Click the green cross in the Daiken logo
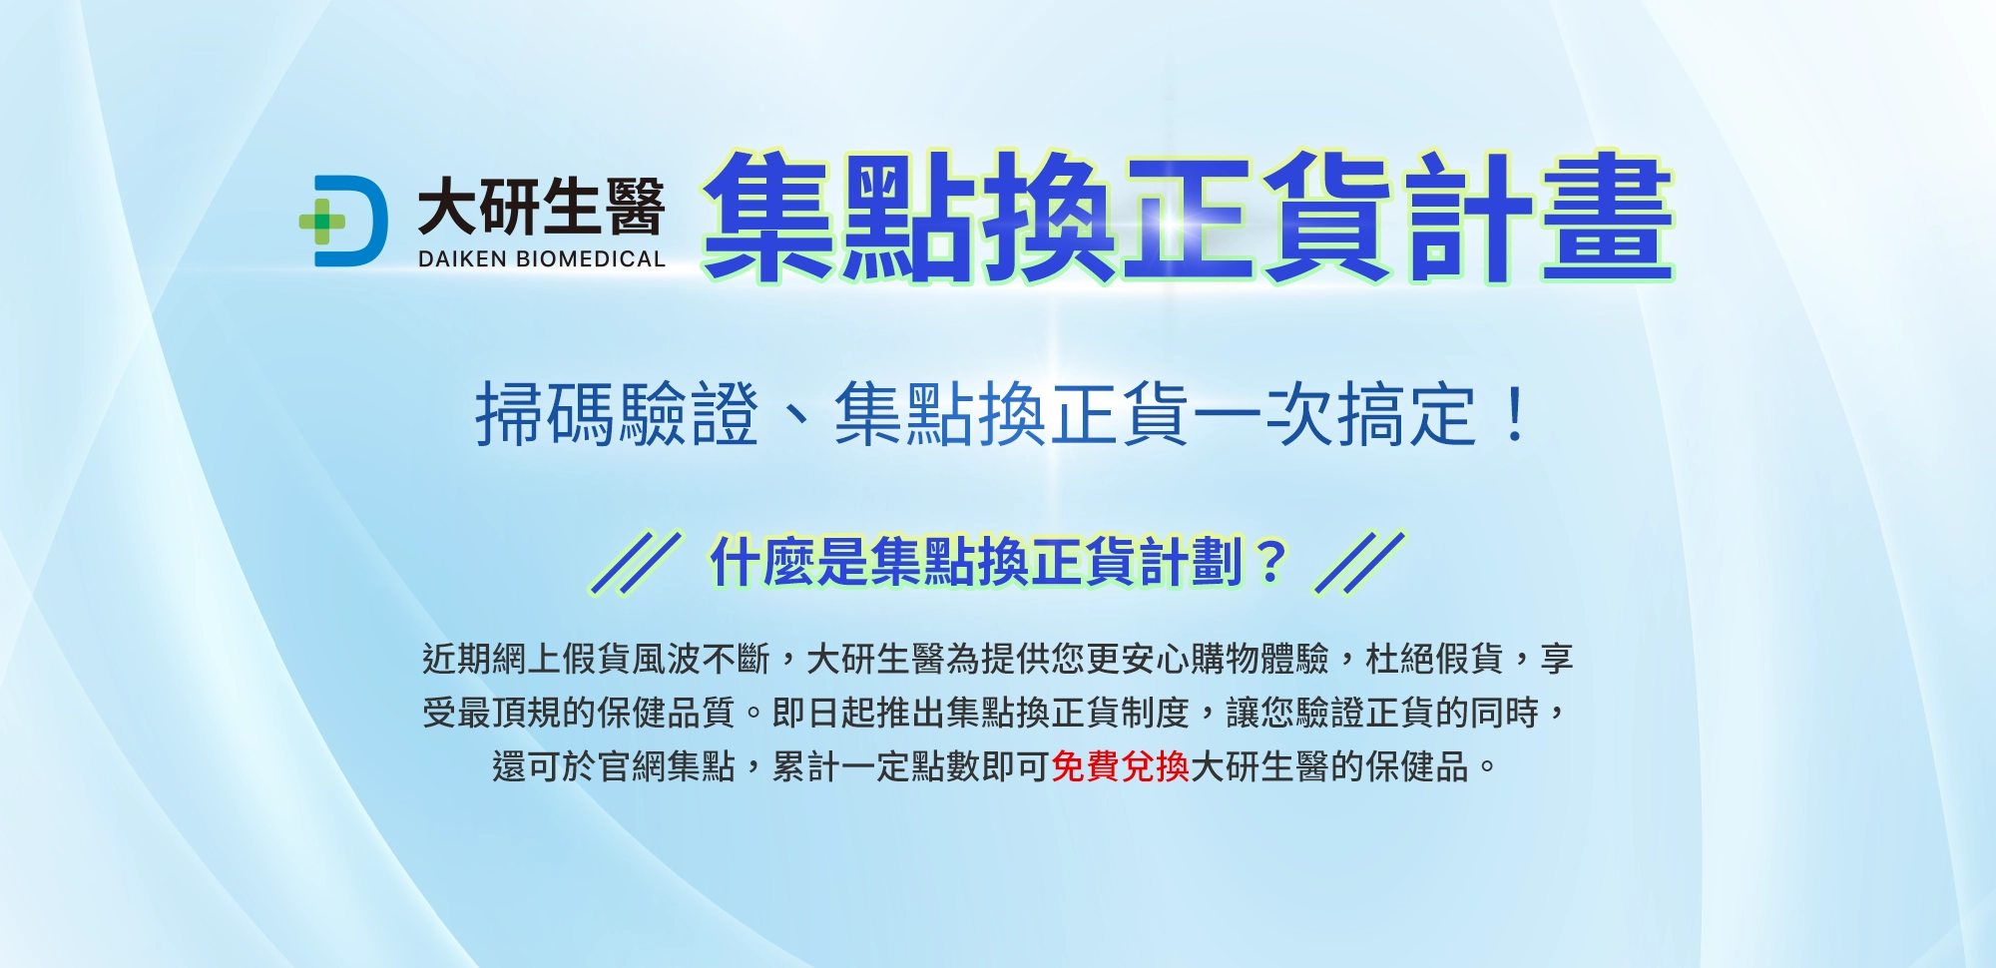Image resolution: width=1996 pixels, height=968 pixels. (322, 222)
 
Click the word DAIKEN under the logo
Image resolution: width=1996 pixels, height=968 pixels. (462, 259)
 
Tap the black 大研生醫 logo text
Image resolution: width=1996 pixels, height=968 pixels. (541, 207)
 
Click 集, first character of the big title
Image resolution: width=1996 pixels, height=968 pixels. (769, 217)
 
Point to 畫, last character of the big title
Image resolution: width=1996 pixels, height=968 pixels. (1607, 217)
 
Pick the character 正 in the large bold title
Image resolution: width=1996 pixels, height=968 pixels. (1188, 217)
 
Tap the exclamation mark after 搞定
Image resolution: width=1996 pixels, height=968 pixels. (1515, 415)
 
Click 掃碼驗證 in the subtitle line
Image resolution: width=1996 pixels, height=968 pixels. (617, 414)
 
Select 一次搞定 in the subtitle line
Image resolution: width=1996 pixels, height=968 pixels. (1334, 414)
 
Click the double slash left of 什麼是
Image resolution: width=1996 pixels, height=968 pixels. (636, 562)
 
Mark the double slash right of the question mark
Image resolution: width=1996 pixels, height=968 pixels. (1360, 562)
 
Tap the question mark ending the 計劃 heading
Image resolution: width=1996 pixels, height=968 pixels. (1270, 562)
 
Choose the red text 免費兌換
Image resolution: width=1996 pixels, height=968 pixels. (1120, 766)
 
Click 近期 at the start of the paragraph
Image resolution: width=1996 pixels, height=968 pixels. (456, 659)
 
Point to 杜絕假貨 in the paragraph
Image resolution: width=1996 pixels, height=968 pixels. (1434, 659)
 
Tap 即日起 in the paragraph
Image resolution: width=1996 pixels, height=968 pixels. (823, 713)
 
